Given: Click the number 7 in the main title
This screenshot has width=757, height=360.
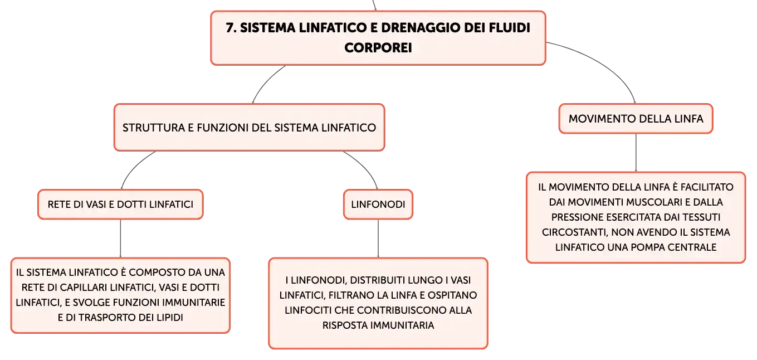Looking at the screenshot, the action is [x=231, y=28].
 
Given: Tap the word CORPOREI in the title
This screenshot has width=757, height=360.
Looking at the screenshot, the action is [x=378, y=48].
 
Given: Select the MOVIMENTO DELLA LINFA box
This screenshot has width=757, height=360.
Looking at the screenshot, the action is [x=636, y=119].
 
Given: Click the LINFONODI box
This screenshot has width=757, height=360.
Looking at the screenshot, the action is [x=378, y=204].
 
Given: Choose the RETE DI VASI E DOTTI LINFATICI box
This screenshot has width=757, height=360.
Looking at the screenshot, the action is [x=120, y=204].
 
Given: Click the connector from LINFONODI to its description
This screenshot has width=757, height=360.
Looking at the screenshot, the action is [x=378, y=239].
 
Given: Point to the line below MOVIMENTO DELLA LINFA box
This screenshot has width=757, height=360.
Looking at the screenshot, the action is [x=636, y=153].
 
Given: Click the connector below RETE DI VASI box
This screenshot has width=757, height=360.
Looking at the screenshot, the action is [x=120, y=239].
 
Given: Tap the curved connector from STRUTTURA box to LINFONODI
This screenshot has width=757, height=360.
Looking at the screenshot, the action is [x=365, y=166].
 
